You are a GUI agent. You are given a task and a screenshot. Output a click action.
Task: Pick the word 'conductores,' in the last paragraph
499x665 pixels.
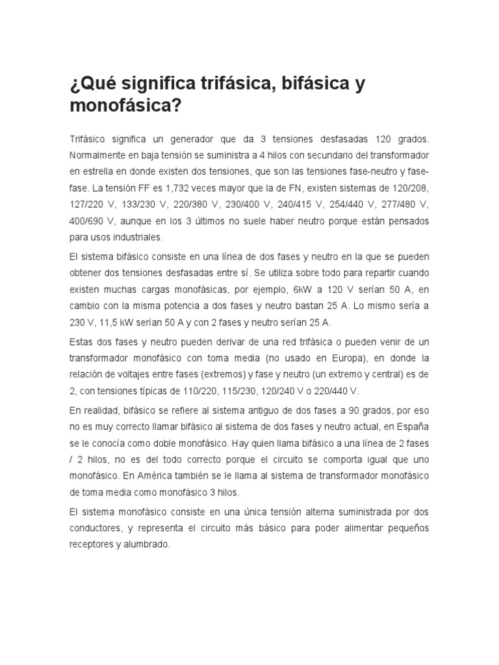pos(95,528)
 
